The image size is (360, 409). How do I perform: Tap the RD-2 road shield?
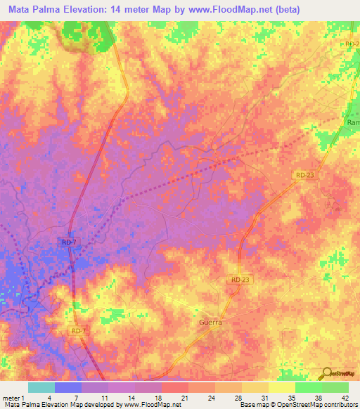[352, 44]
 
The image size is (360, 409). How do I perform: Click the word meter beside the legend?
[11, 396]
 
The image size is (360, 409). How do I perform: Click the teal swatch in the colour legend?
[41, 387]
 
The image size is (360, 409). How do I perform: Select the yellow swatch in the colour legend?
[281, 387]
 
